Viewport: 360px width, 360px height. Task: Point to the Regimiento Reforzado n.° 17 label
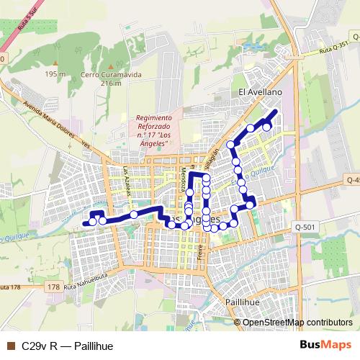tap(153, 130)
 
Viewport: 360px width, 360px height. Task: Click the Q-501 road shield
tap(305, 227)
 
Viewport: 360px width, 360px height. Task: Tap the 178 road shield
tap(52, 287)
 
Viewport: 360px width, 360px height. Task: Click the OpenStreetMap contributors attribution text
tap(297, 322)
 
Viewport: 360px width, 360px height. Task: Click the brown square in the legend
tap(10, 346)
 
